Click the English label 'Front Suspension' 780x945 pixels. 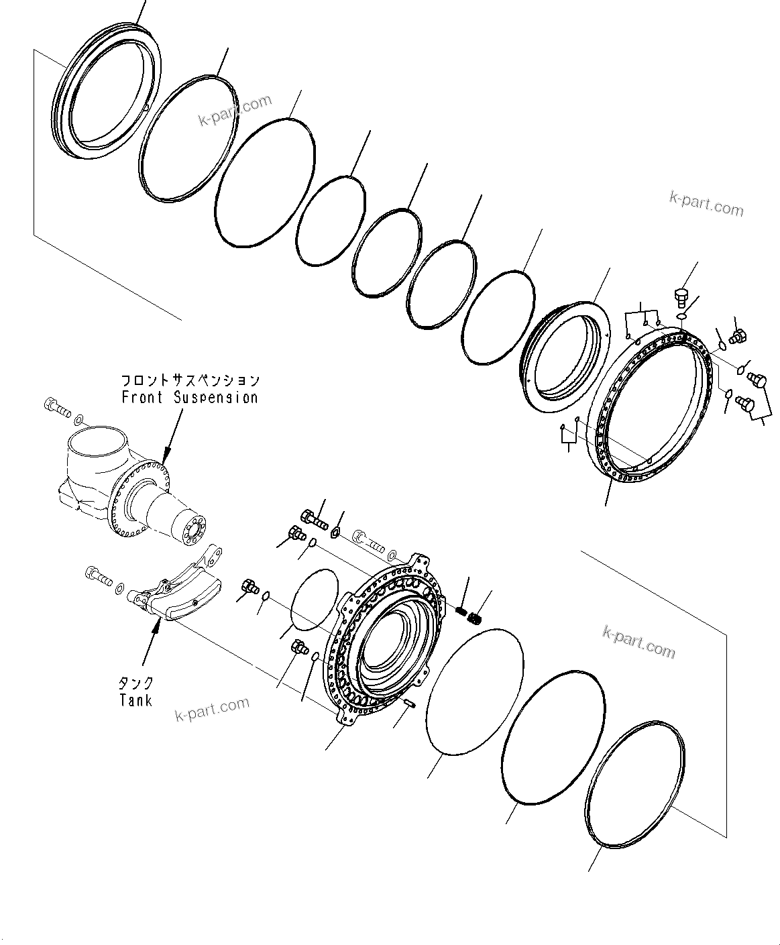[x=190, y=397]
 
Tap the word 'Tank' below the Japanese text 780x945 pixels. [x=136, y=700]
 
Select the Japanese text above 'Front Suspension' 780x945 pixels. [x=190, y=380]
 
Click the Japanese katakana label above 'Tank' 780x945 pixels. [x=136, y=683]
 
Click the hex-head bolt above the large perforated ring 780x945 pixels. [x=679, y=298]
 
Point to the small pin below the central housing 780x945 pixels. [x=411, y=703]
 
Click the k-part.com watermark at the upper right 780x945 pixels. [x=706, y=204]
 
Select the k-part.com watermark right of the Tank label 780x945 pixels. [x=212, y=710]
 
